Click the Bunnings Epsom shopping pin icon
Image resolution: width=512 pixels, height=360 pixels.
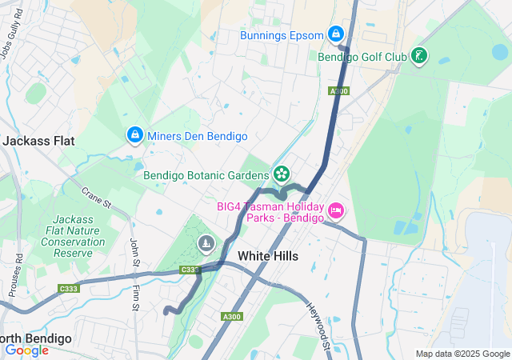pos(336,34)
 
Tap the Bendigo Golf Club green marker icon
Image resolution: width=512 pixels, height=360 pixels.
pos(418,56)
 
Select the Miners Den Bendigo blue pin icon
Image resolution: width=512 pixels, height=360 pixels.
pos(134,135)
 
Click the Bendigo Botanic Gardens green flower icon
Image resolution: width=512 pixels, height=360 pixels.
pos(281,174)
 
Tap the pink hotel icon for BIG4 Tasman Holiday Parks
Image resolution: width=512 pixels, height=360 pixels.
pos(336,210)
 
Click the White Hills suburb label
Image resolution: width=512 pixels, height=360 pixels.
pos(268,256)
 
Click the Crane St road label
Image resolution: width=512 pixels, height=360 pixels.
pos(95,197)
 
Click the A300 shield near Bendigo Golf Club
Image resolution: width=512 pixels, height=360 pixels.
pos(338,92)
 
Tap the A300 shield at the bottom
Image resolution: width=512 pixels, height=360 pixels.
pos(232,317)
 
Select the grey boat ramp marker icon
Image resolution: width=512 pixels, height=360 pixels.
pos(206,242)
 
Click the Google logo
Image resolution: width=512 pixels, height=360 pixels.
pos(27,350)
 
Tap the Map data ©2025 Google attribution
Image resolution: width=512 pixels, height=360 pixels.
pos(462,354)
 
